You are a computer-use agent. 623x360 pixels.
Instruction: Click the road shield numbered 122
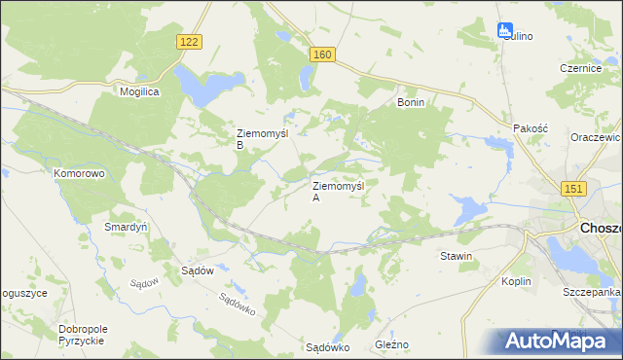[190, 41]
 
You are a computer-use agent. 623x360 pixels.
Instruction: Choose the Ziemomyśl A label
[337, 191]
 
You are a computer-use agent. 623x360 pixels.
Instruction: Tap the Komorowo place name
[79, 173]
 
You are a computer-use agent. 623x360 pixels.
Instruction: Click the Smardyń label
[125, 227]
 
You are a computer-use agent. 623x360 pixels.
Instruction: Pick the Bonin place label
[411, 101]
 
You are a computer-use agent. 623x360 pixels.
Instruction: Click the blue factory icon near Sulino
[505, 31]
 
